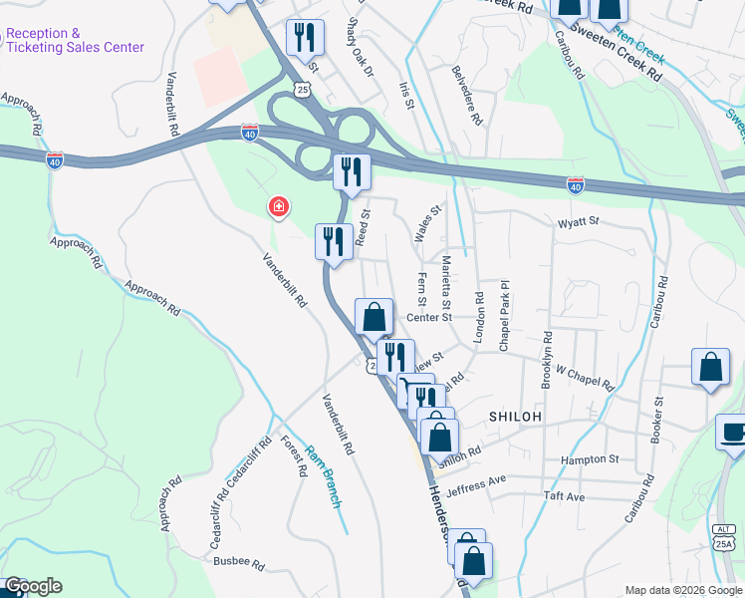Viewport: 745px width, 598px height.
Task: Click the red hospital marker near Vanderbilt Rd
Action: (x=279, y=206)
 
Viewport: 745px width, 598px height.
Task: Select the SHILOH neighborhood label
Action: (x=514, y=417)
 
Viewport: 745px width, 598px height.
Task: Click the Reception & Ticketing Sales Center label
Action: (x=74, y=40)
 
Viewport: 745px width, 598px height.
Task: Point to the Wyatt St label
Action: (x=579, y=222)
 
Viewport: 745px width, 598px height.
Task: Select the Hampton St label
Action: (x=590, y=459)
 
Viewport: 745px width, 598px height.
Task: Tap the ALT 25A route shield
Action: (x=728, y=539)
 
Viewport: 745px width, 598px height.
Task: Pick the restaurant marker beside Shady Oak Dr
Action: (x=305, y=37)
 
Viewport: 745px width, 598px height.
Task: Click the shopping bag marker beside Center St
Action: (x=373, y=318)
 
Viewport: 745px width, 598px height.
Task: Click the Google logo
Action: (x=33, y=586)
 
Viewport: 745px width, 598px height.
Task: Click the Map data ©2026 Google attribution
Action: (x=681, y=589)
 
